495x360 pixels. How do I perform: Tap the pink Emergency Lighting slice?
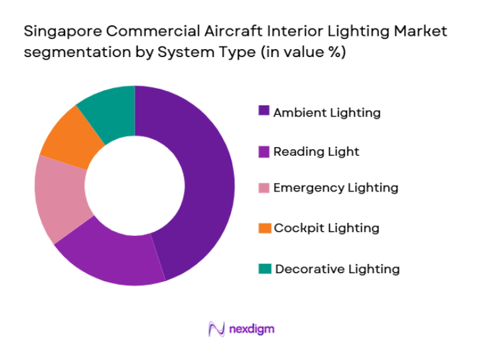tap(60, 198)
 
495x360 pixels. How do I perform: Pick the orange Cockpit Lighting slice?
tap(69, 140)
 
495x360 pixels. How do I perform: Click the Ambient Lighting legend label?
tap(327, 112)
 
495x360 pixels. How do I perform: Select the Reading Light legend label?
tap(317, 151)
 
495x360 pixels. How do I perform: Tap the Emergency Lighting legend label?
tap(336, 188)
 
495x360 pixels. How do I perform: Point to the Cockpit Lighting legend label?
tap(326, 228)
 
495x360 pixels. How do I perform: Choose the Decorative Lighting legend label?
tap(337, 269)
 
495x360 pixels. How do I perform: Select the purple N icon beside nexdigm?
tap(216, 329)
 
